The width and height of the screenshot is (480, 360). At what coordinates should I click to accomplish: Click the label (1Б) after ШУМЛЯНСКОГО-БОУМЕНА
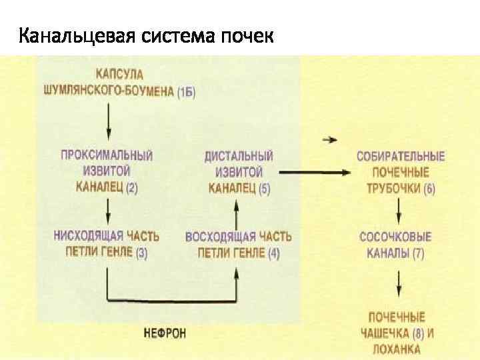point(187,91)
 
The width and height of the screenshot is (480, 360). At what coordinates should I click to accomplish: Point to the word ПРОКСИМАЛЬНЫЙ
point(107,155)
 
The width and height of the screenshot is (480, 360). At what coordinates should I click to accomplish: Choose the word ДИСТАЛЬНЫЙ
point(239,155)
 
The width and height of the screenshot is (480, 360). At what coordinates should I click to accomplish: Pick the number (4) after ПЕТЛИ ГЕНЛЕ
point(273,253)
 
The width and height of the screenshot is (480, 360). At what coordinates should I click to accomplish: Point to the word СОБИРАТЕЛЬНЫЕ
point(401,157)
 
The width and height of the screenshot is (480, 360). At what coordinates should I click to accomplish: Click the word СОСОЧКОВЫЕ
point(395,237)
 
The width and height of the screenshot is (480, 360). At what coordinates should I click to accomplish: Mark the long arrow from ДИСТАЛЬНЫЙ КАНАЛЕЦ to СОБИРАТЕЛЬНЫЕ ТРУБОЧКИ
point(313,173)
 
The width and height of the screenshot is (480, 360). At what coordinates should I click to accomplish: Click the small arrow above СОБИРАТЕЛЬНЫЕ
point(329,139)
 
